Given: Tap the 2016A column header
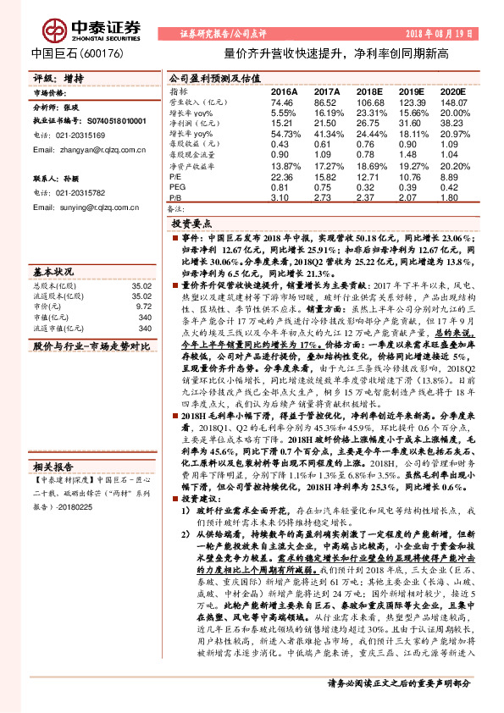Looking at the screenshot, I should pyautogui.click(x=284, y=91).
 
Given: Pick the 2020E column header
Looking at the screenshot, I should pyautogui.click(x=452, y=91).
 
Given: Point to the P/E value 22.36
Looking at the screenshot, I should pyautogui.click(x=282, y=176).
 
